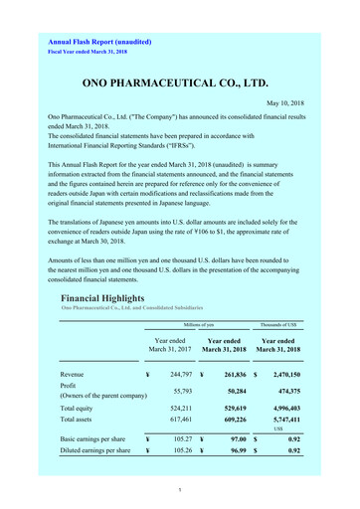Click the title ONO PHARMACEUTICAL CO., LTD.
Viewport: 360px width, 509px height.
click(x=180, y=84)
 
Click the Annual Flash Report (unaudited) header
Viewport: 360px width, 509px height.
click(x=105, y=41)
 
